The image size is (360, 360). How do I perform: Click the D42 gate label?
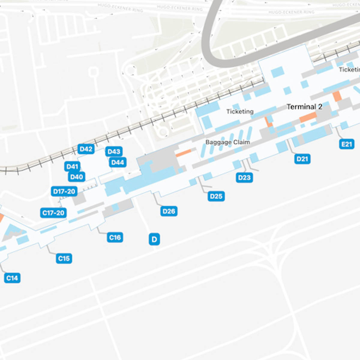click(86, 149)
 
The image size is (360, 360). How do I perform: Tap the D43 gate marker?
click(114, 151)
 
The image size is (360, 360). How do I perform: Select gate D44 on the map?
click(118, 162)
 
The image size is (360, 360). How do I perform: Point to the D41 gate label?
click(72, 166)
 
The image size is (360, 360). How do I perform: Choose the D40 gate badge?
click(76, 177)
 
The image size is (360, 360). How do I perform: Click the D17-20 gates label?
click(64, 191)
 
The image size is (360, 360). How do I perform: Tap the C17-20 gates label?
click(53, 213)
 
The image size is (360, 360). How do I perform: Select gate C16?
click(115, 238)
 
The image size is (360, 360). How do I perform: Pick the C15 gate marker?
click(64, 258)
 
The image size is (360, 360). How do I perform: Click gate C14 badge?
click(12, 278)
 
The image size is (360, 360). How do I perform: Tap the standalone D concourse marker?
click(154, 239)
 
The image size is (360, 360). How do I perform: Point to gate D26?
click(169, 211)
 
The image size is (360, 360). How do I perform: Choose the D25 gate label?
click(216, 196)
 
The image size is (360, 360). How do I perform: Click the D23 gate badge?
click(244, 178)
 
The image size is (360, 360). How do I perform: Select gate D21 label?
click(302, 159)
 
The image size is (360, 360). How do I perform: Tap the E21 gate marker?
click(347, 144)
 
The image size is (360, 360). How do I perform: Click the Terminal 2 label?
click(304, 107)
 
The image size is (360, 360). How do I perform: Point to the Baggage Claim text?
click(228, 142)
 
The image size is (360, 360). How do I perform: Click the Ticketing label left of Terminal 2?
click(240, 112)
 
